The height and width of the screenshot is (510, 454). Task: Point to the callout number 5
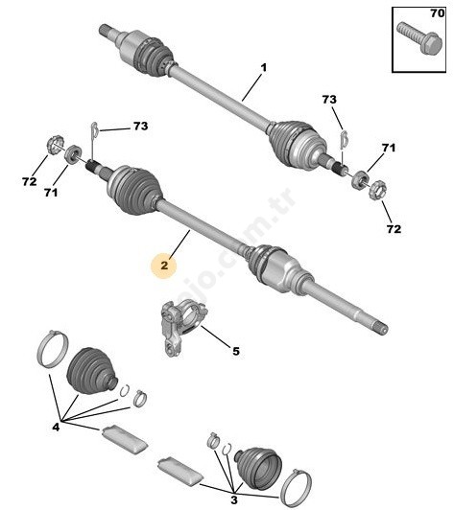pos(235,351)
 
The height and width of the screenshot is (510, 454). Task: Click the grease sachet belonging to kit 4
pos(125,437)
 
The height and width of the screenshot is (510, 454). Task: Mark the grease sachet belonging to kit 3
pos(180,469)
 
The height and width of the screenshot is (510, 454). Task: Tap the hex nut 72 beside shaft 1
pos(377,189)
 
